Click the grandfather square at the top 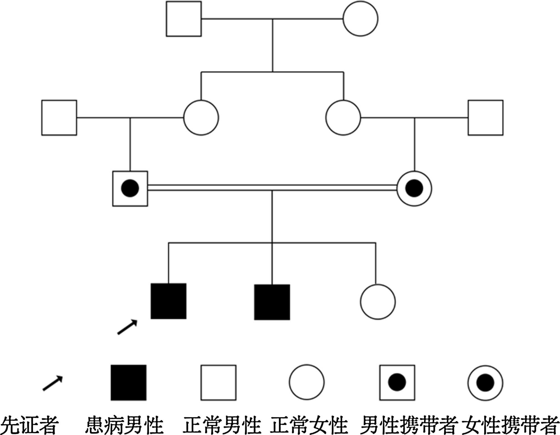[184, 19]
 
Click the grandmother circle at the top [360, 19]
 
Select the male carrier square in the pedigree [130, 189]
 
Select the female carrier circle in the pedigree [414, 189]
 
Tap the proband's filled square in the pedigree [168, 301]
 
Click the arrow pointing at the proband [127, 327]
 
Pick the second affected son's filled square [272, 302]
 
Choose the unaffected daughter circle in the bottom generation [378, 302]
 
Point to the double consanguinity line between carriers [272, 188]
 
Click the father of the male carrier [59, 118]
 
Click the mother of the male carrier [201, 118]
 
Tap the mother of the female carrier [343, 118]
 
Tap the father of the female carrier [486, 118]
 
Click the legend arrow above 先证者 [53, 383]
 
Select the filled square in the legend [129, 383]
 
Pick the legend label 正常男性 [222, 425]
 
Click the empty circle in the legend [307, 382]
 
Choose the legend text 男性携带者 [409, 425]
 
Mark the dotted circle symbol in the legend [485, 383]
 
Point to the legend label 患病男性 [124, 425]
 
